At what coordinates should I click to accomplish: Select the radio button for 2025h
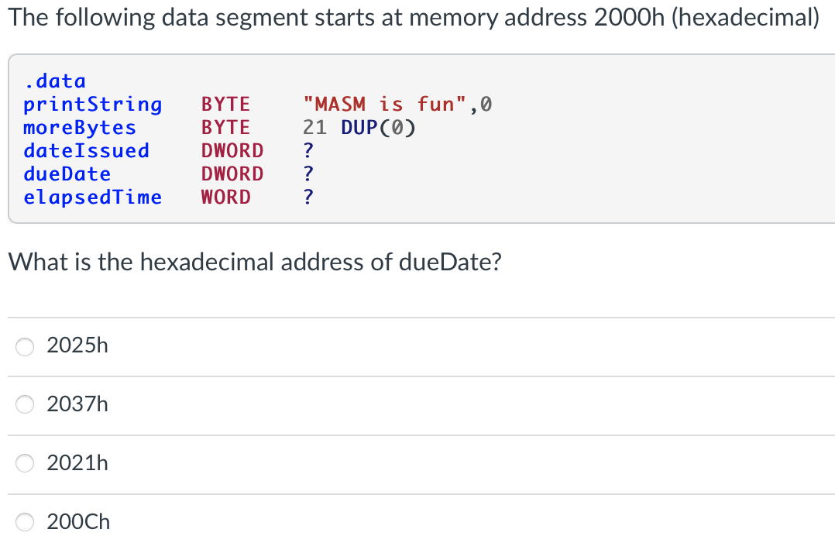26,347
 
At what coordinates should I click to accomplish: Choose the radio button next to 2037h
26,404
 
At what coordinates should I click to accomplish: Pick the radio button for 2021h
26,463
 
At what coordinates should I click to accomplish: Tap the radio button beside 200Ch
26,522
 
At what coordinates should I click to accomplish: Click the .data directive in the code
54,81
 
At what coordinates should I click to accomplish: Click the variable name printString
92,104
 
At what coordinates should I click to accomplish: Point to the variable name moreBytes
79,127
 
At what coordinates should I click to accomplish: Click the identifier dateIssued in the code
86,150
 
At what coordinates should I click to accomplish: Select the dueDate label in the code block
67,174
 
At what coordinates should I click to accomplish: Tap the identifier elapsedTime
92,197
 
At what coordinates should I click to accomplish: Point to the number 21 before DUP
315,127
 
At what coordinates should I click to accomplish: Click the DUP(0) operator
378,127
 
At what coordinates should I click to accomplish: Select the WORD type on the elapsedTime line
225,197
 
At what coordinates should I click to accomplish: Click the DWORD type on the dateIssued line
232,150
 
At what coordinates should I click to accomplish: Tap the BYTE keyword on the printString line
225,104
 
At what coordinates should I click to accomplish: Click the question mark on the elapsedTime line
308,197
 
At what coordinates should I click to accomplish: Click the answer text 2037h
77,404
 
